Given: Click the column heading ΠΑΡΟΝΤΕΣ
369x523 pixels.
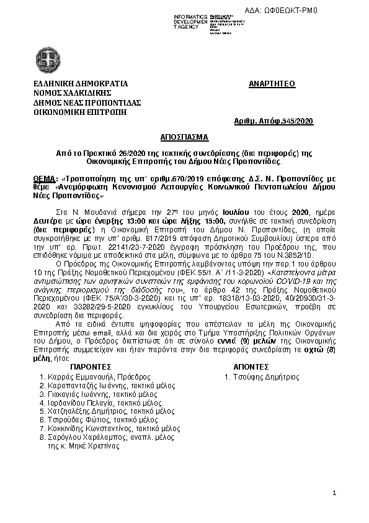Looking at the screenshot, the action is coord(91,367).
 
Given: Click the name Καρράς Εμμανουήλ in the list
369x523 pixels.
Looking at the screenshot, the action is coord(74,376).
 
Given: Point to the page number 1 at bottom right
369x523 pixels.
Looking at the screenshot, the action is coord(334,493).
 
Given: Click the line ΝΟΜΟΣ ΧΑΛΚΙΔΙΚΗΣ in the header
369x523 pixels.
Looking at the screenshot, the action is coord(69,93).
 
